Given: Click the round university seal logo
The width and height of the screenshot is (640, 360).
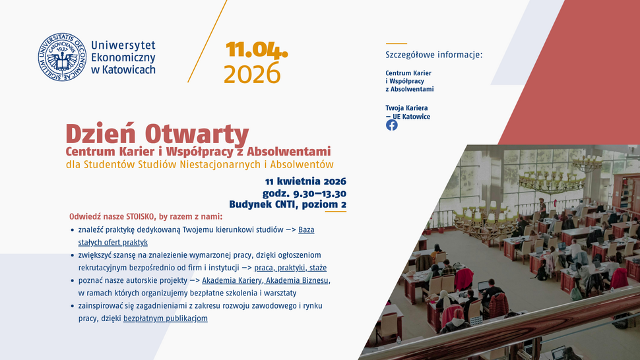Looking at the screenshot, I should (x=63, y=57).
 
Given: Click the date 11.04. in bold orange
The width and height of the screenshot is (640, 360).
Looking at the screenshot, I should (x=257, y=50).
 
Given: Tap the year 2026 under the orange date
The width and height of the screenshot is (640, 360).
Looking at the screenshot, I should (x=252, y=75).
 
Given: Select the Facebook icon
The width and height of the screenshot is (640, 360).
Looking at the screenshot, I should (x=392, y=125).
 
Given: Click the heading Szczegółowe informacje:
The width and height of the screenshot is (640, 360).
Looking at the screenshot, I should (x=434, y=55).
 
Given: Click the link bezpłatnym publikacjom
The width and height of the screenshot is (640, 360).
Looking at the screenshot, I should (x=166, y=318).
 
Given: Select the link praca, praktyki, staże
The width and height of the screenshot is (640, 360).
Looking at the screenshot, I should (x=290, y=268).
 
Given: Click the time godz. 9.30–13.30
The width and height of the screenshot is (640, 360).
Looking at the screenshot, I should (x=304, y=193).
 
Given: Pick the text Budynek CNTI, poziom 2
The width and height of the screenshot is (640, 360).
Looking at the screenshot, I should (x=288, y=204).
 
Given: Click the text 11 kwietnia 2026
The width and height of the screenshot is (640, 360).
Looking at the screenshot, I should (x=305, y=181).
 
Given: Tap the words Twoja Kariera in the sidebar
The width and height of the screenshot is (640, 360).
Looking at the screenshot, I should (x=406, y=107).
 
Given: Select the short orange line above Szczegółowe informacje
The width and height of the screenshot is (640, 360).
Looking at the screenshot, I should (x=396, y=44).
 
